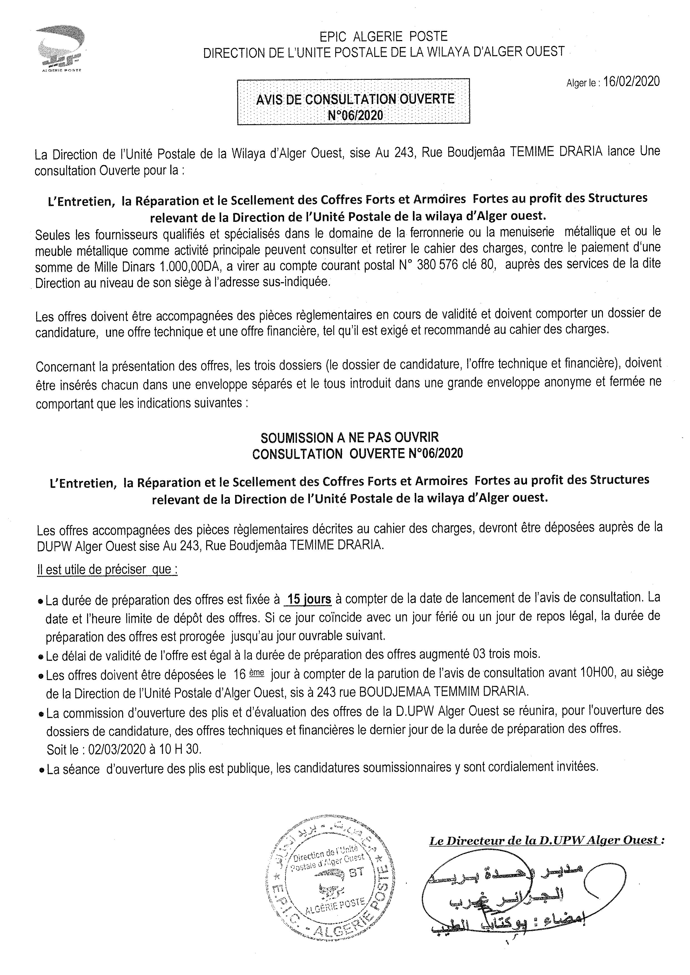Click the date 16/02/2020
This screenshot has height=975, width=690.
(631, 81)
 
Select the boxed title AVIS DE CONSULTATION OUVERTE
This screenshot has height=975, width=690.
(355, 99)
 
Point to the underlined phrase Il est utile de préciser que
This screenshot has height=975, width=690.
(107, 569)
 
